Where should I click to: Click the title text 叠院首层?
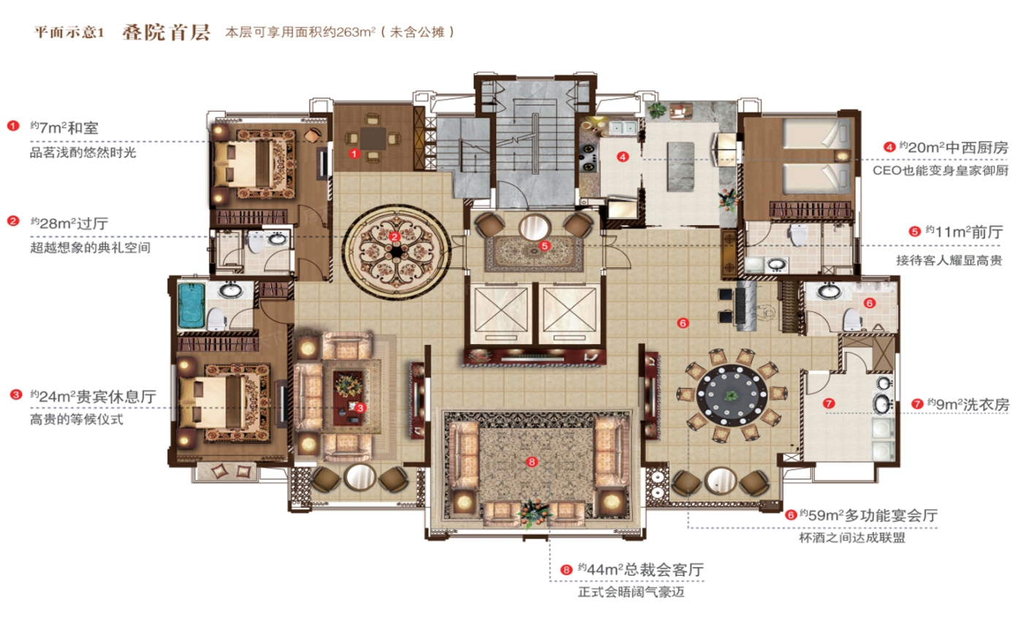point(167,32)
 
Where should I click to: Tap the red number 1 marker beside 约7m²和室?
point(12,126)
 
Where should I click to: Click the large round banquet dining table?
point(731,395)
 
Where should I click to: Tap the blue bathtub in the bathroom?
point(192,308)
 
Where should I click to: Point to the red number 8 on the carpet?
point(532,462)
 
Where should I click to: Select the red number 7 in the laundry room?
point(828,403)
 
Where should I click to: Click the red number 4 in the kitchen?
point(622,156)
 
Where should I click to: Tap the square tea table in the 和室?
point(373,137)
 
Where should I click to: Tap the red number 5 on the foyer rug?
point(545,245)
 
